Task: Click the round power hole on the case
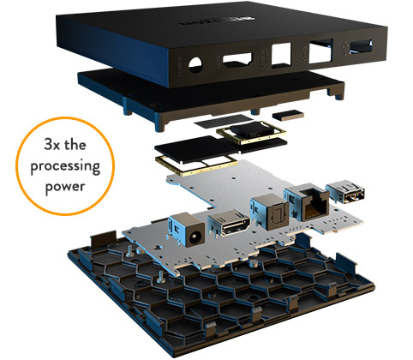pos(195,65)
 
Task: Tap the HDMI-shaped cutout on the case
pos(237,60)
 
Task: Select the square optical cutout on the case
pos(281,55)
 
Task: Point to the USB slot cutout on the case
pos(362,47)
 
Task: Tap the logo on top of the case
pos(218,21)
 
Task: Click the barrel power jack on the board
pos(188,231)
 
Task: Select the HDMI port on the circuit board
pos(230,223)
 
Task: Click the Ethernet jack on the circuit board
pos(307,202)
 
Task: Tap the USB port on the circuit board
pos(345,191)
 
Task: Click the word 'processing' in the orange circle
pos(65,166)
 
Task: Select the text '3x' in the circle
pos(53,145)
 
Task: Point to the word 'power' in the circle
pos(65,187)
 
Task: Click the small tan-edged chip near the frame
pos(288,115)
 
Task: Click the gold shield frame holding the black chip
pos(251,131)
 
